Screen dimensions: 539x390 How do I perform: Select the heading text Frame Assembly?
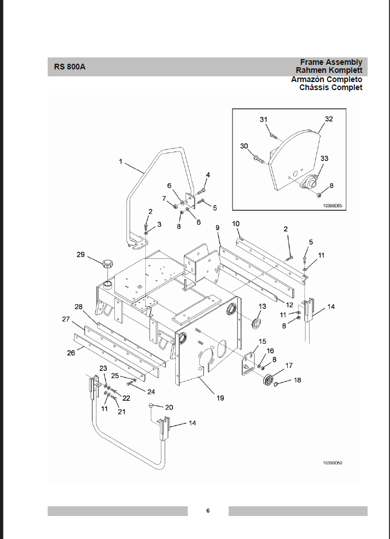coord(331,62)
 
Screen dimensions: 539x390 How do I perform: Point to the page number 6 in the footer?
coord(208,510)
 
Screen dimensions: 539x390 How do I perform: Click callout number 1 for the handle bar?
coord(121,162)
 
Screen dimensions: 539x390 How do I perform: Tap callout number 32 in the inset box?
coord(329,119)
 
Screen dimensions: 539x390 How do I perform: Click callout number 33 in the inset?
coord(325,158)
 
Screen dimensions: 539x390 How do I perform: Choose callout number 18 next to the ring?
coord(297,380)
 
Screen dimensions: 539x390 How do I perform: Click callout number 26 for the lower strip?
coord(71,353)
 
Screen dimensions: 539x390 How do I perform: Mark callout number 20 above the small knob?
coord(169,407)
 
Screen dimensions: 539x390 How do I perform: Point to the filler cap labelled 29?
coord(107,266)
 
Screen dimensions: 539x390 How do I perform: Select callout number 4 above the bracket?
coord(208,175)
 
